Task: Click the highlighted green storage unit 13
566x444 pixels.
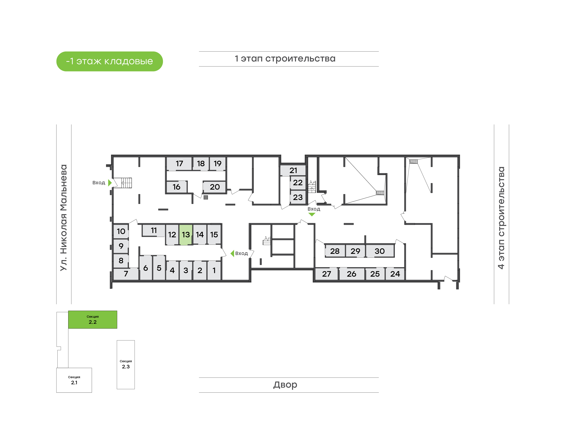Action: [x=186, y=235]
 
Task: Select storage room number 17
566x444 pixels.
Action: [x=179, y=163]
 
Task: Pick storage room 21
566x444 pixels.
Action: [x=293, y=171]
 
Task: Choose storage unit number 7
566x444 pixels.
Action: [x=126, y=273]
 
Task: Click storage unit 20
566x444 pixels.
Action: [x=214, y=187]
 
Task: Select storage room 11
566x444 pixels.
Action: [x=154, y=230]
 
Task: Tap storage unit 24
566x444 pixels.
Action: [x=395, y=274]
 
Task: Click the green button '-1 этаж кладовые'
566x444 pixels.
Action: [x=109, y=61]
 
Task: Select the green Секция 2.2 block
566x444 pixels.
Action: [x=93, y=319]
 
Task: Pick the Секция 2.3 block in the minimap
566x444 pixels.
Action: [x=126, y=364]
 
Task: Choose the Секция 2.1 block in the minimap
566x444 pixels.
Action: [x=74, y=380]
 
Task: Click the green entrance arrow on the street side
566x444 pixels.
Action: [x=110, y=183]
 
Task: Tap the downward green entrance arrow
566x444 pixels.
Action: [x=312, y=215]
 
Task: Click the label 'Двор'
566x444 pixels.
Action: [x=285, y=385]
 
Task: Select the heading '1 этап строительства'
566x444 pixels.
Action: [x=285, y=59]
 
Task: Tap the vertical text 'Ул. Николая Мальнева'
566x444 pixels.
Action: [x=64, y=218]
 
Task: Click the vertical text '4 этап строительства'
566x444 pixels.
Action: [x=501, y=218]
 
